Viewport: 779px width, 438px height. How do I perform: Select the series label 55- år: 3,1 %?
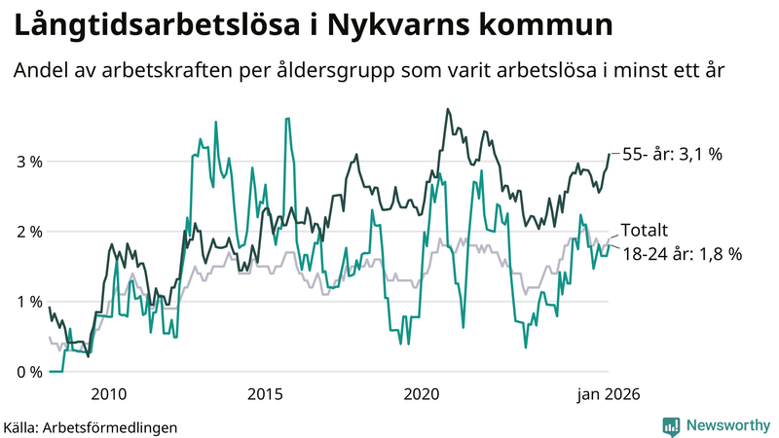672,155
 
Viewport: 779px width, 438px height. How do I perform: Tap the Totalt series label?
645,231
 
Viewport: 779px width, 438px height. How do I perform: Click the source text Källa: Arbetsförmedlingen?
91,426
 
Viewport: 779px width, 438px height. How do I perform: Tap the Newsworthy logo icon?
671,425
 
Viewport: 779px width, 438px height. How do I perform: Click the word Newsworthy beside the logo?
727,425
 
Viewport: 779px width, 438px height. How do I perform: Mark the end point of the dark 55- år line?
610,154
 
